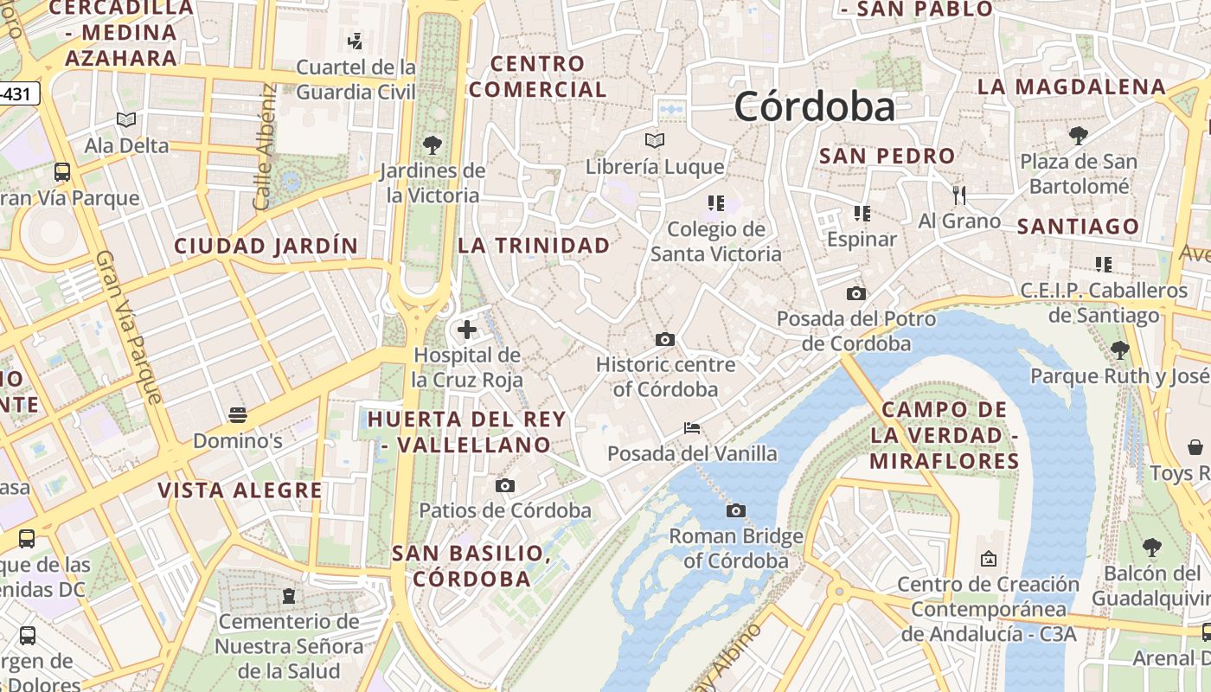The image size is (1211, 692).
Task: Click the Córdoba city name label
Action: pos(814,107)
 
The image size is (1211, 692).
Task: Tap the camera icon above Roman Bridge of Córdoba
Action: pos(735,511)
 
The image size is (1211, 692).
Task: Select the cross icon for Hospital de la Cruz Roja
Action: pos(467,330)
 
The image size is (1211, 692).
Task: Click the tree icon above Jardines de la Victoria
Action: pos(432,144)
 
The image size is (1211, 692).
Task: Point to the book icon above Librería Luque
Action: pos(655,140)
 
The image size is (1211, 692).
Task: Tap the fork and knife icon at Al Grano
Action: pos(958,195)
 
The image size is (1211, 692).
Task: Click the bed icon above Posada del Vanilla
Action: pos(691,427)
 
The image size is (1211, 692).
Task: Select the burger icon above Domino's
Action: pos(237,415)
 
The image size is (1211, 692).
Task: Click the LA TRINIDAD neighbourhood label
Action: pos(534,246)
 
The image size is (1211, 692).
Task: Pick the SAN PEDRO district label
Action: pos(887,157)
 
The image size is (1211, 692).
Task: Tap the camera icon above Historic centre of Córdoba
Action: pos(664,339)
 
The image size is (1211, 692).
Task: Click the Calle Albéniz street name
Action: pos(264,147)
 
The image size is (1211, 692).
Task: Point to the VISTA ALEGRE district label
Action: pos(240,490)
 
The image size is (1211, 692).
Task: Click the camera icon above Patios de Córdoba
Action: pos(505,485)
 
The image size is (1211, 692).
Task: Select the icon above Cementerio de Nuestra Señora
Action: pos(288,596)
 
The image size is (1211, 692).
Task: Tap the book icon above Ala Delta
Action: pos(126,119)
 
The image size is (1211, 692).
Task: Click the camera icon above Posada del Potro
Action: pos(855,293)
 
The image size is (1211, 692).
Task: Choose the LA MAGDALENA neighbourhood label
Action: pos(1072,87)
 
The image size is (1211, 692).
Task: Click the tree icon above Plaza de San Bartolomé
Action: pos(1078,135)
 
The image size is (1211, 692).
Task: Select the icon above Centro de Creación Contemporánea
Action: pos(988,559)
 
